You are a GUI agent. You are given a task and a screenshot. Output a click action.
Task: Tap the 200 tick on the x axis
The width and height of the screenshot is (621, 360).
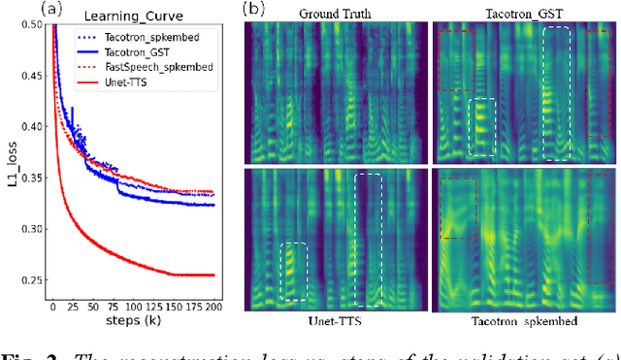point(213,305)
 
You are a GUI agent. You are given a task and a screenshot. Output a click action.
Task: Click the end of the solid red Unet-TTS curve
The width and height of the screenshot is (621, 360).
point(213,275)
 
